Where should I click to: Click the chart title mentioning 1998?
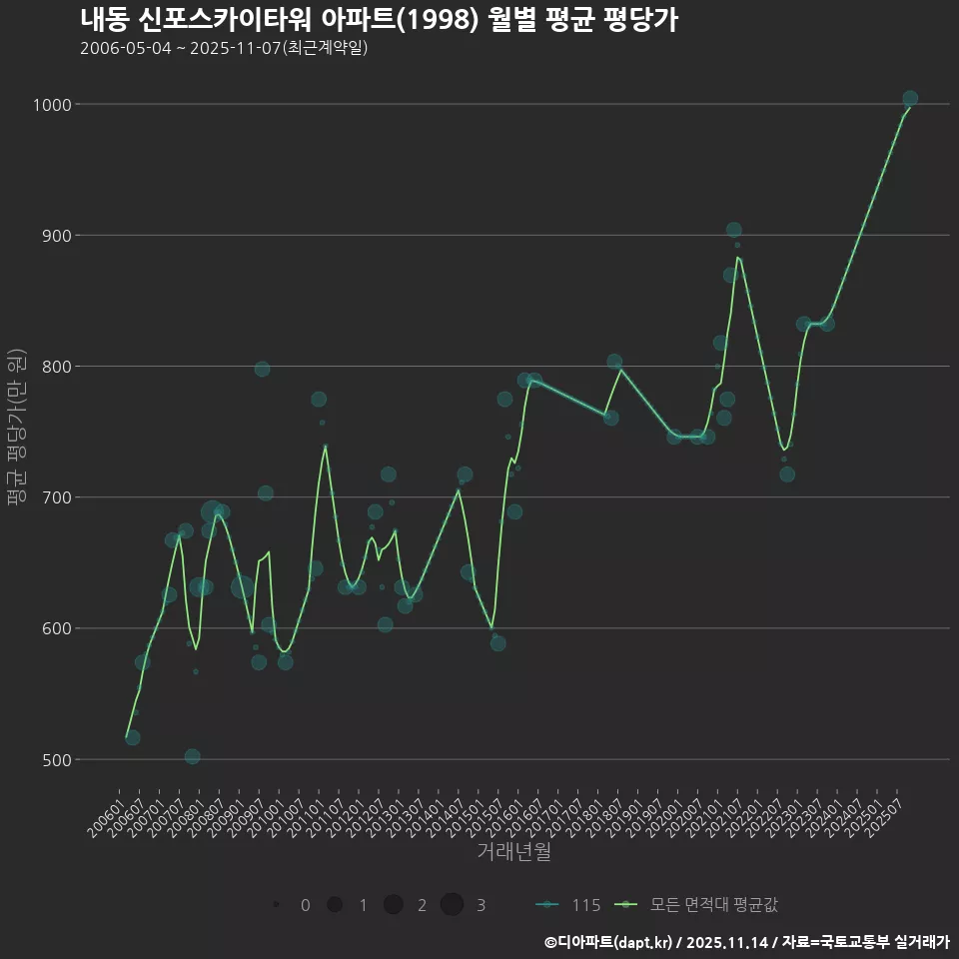coord(380,20)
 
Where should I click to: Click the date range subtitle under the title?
coord(224,48)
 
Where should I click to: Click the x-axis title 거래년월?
coord(513,852)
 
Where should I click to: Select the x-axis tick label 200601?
coord(108,815)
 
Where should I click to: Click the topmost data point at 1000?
coord(910,99)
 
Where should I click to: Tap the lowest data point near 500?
coord(192,756)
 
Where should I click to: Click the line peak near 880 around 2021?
coord(737,258)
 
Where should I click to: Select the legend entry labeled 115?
coord(569,905)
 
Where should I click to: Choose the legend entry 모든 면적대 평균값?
coord(699,905)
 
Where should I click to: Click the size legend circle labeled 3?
coord(452,905)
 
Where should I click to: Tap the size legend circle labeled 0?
coord(275,905)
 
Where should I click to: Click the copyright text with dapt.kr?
coord(745,941)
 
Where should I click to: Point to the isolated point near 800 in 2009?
coord(262,369)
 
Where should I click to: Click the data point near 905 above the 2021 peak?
coord(733,230)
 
